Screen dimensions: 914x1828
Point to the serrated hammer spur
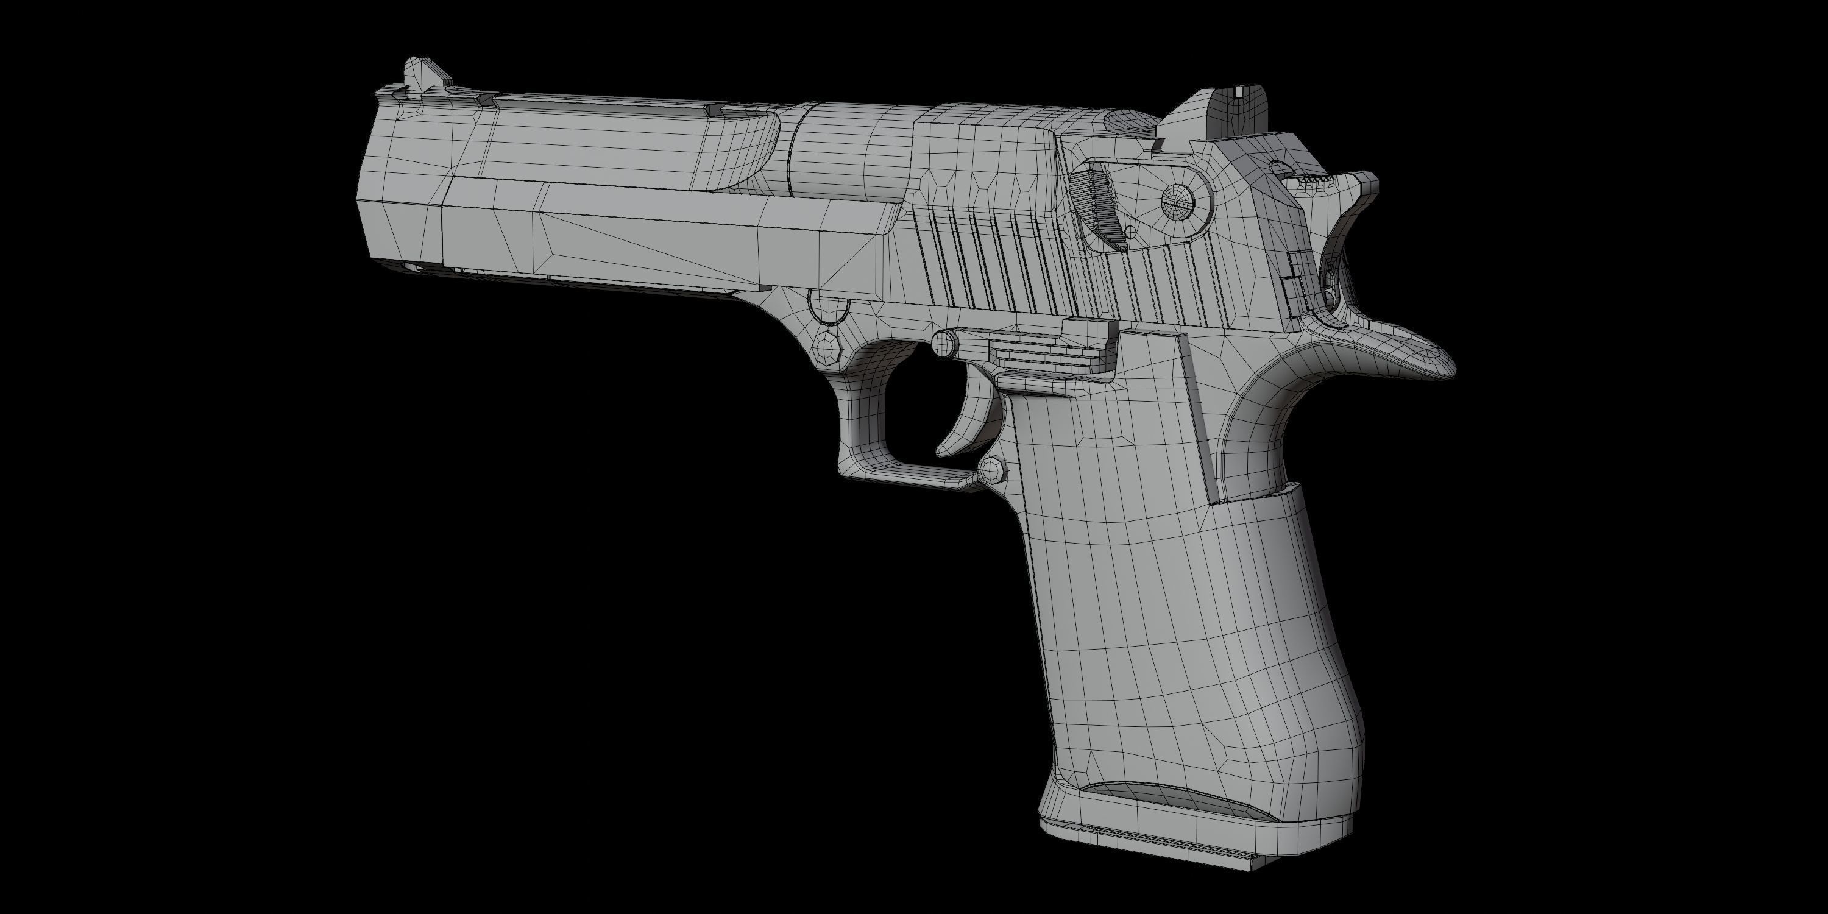pos(1316,180)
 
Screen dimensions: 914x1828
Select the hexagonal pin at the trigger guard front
pos(827,348)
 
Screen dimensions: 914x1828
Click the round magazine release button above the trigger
pos(944,344)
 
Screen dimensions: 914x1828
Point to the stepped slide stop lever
pos(1043,348)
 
